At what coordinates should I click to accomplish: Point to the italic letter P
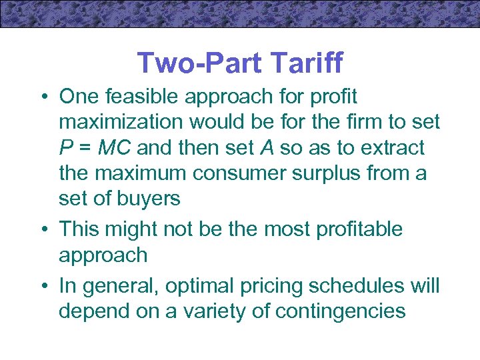point(65,147)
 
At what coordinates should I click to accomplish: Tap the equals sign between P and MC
point(85,148)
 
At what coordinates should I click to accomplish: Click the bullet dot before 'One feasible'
point(42,97)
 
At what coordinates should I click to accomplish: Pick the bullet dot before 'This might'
point(42,229)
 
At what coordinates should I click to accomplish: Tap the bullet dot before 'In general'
point(42,287)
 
